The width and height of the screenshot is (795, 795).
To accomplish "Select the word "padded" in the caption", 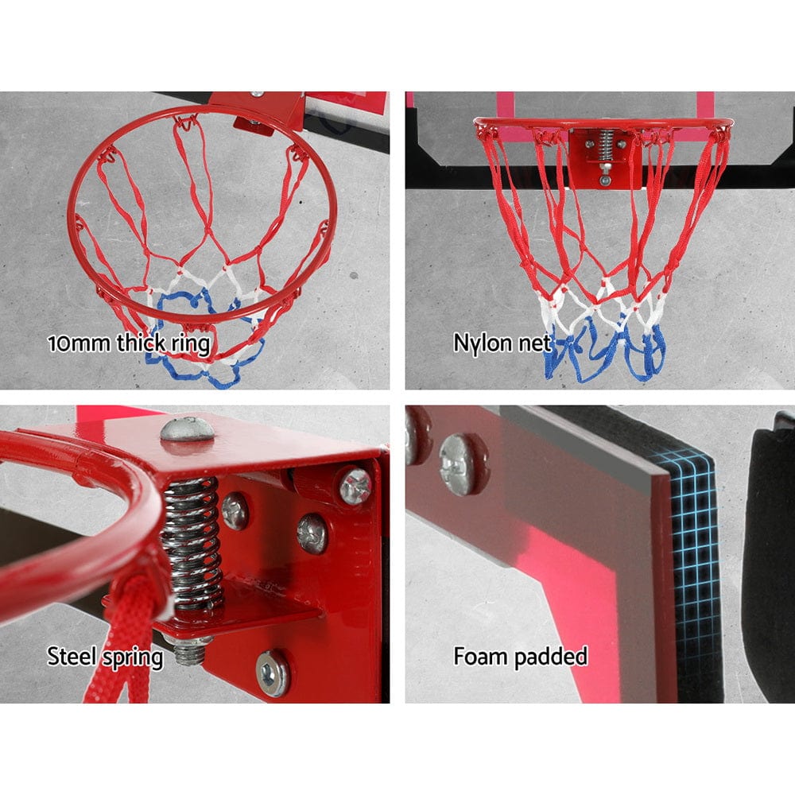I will click(x=553, y=657).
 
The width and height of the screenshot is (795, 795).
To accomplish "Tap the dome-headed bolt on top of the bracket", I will click(x=188, y=429).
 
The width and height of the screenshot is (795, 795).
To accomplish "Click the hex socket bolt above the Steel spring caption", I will click(x=273, y=673).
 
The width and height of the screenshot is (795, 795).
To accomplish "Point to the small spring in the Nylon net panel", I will click(x=605, y=145).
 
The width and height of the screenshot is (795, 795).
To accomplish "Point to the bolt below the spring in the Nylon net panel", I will click(x=606, y=178).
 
